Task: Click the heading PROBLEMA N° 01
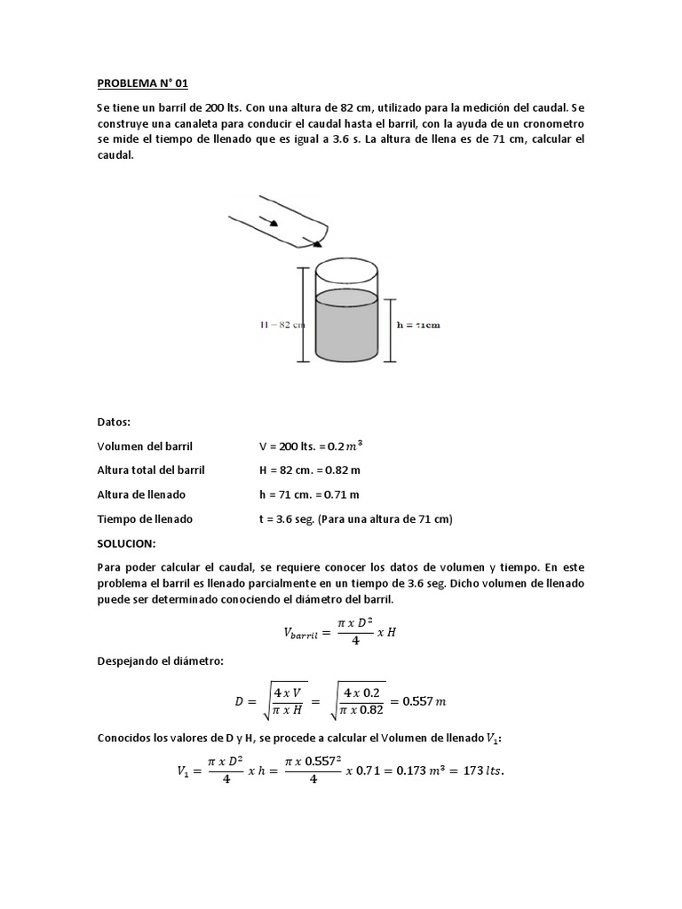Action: (142, 84)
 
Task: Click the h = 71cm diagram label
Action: (416, 325)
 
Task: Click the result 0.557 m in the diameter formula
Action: (424, 701)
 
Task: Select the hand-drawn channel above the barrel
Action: (277, 221)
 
